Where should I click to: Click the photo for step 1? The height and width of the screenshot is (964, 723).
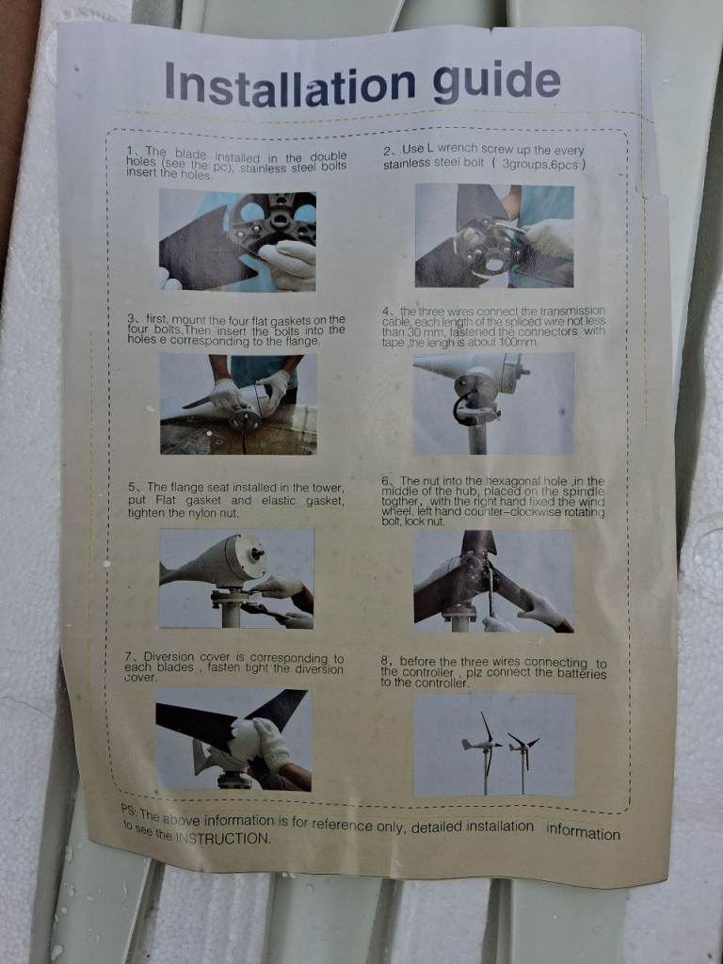(x=237, y=240)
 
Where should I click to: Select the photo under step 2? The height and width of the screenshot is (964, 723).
(x=494, y=235)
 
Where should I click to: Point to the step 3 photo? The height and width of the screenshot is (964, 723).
(x=238, y=404)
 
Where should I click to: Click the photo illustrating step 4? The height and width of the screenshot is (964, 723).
(x=493, y=403)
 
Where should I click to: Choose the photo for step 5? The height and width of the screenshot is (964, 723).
(x=236, y=579)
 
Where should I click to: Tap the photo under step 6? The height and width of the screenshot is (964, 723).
(x=493, y=582)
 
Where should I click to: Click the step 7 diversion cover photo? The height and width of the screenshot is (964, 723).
(x=233, y=740)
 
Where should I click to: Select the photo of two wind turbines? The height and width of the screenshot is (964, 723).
(x=494, y=745)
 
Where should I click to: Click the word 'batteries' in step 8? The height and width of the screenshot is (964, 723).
(x=581, y=673)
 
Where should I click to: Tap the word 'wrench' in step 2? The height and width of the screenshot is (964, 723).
(x=458, y=150)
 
